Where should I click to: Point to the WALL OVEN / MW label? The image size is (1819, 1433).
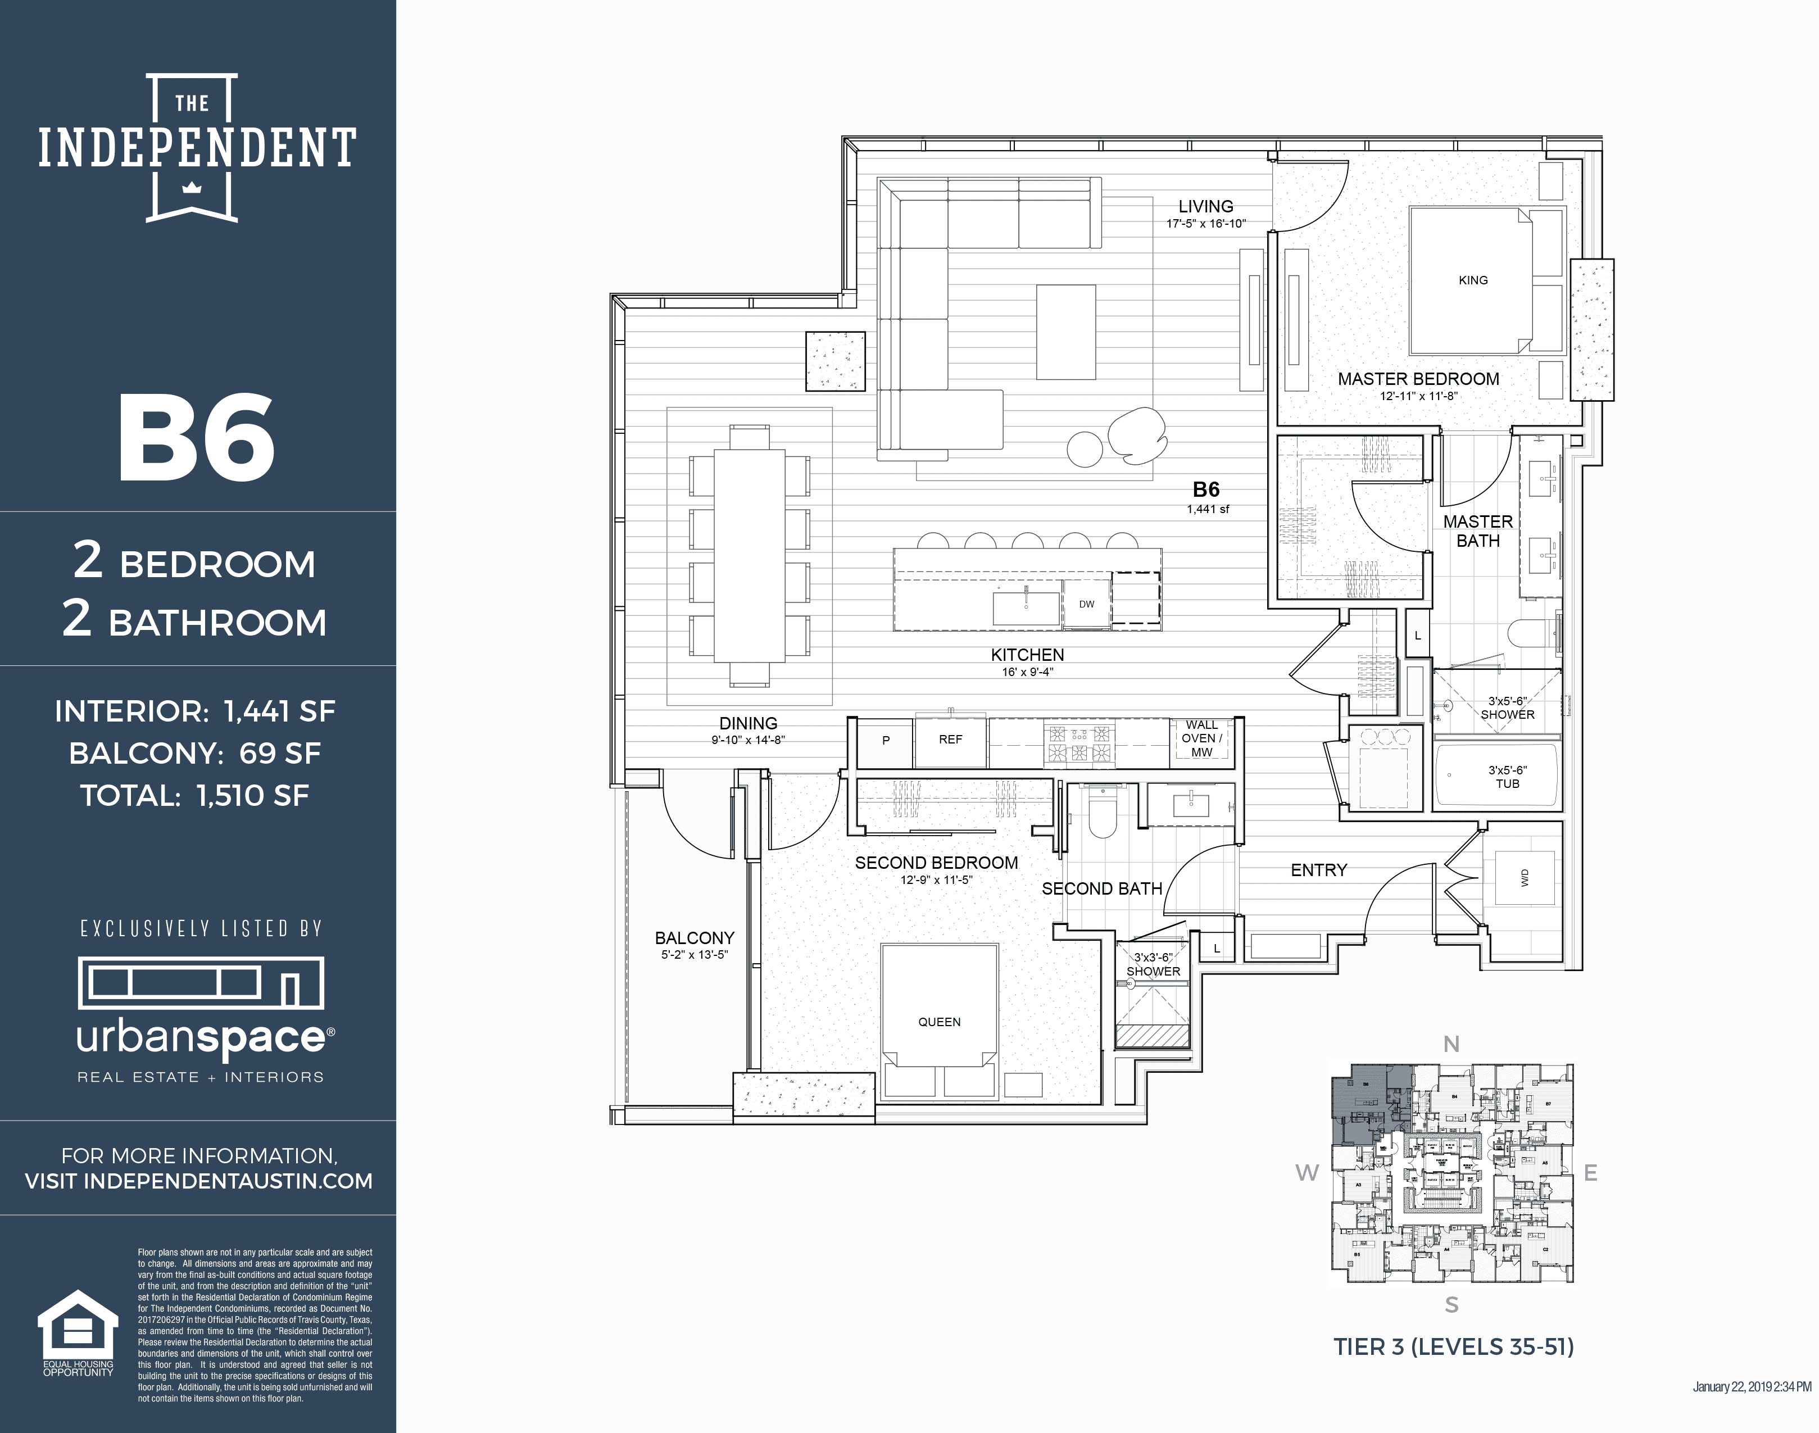pos(1201,738)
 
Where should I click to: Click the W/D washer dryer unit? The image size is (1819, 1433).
pos(1525,878)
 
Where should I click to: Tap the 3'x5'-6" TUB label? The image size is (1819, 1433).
pos(1507,777)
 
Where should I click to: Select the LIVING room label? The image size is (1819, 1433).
pos(1206,206)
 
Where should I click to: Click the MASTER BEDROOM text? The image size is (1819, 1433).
pos(1418,379)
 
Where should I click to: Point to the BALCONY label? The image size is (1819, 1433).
pos(694,938)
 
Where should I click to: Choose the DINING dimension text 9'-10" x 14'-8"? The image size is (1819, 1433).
pos(747,740)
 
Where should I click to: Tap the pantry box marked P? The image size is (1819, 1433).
pos(885,741)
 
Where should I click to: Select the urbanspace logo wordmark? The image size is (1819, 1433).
pos(201,1038)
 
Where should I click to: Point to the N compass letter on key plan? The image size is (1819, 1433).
pos(1451,1045)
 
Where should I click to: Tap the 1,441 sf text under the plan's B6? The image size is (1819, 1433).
pos(1208,509)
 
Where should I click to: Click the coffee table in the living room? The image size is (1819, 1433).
pos(1065,332)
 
